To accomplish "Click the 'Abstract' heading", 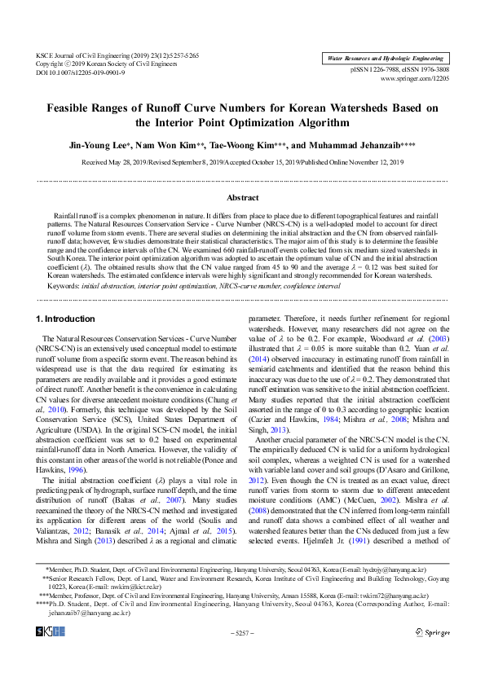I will [x=242, y=198].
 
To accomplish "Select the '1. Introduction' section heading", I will [x=66, y=319].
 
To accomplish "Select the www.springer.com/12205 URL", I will [x=421, y=80].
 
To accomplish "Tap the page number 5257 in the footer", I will [x=243, y=631].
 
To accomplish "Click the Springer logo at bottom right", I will [x=432, y=631].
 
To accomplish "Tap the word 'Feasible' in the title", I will [x=69, y=108].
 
